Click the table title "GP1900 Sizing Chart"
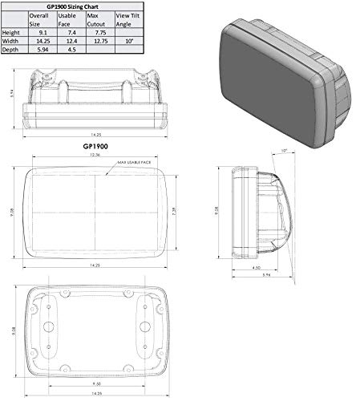click(x=71, y=5)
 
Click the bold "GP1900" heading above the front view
click(x=95, y=148)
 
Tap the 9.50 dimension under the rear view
click(x=95, y=383)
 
